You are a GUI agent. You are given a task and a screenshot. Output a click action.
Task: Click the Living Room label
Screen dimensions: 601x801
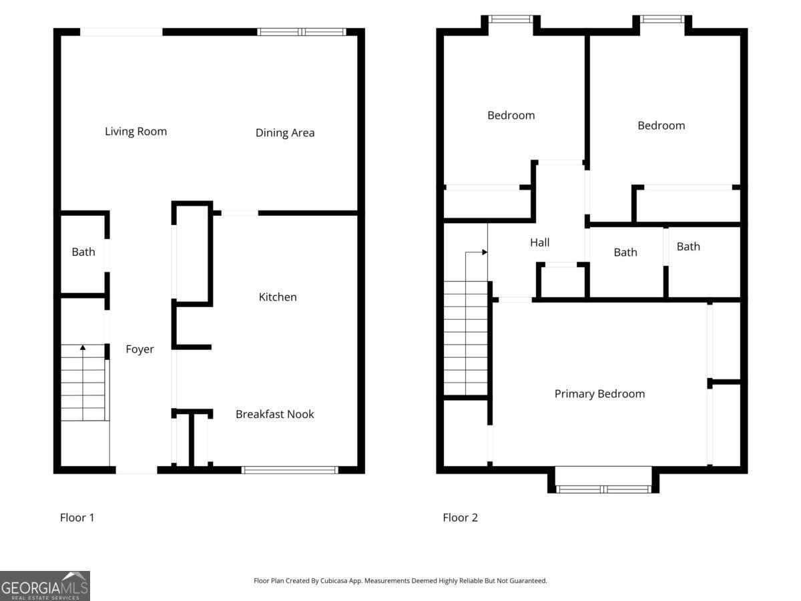136,132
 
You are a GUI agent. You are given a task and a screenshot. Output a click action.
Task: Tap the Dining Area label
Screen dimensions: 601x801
285,133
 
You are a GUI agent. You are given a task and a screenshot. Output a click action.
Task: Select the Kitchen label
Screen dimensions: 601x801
278,297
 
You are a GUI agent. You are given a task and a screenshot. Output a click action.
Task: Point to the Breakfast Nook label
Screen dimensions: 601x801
274,414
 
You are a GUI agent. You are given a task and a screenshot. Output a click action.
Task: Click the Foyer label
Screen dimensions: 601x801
140,349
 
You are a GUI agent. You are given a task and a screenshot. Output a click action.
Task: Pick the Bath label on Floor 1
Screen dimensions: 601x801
83,252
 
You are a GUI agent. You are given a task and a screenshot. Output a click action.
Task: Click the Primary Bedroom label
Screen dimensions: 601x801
599,394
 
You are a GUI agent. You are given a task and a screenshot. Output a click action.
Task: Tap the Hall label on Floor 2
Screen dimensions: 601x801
539,243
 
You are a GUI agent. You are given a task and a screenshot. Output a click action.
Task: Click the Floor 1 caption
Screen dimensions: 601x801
77,518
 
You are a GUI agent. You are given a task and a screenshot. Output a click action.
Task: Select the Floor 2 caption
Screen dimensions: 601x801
460,518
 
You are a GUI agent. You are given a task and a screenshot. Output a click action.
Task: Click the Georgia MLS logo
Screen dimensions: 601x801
45,586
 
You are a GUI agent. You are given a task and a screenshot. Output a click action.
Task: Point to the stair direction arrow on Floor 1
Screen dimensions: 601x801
83,348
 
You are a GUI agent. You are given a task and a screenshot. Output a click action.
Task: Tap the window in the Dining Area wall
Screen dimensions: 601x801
302,31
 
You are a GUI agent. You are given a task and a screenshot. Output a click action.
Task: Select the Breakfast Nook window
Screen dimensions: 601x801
290,470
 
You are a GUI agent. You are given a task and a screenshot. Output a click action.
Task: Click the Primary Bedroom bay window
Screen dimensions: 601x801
603,489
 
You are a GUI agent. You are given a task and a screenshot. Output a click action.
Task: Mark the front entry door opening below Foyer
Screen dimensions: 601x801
137,470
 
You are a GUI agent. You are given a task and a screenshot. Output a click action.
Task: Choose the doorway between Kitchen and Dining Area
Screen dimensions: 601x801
239,213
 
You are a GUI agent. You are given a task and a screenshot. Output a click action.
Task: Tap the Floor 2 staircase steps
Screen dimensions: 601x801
466,337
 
